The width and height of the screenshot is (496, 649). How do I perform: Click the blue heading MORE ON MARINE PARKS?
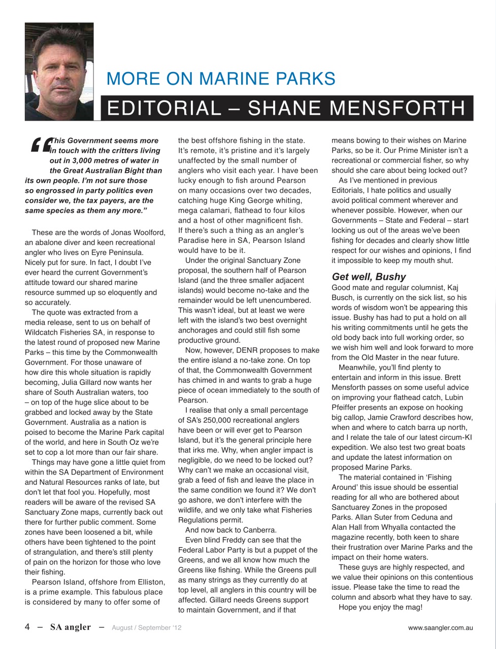click(x=221, y=79)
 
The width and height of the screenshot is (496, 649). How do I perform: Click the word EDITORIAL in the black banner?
click(x=162, y=108)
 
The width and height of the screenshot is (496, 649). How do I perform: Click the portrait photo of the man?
click(x=59, y=71)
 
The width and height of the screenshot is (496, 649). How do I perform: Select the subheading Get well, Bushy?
click(x=369, y=277)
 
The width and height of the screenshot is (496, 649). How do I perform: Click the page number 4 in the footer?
click(x=27, y=627)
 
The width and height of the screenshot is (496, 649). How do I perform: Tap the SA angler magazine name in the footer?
click(x=70, y=627)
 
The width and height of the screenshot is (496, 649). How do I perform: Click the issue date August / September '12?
click(x=146, y=628)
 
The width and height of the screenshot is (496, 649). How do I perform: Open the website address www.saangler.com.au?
click(x=440, y=628)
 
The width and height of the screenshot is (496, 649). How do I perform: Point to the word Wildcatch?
click(x=43, y=333)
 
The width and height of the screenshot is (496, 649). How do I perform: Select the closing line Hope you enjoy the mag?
click(x=380, y=607)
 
